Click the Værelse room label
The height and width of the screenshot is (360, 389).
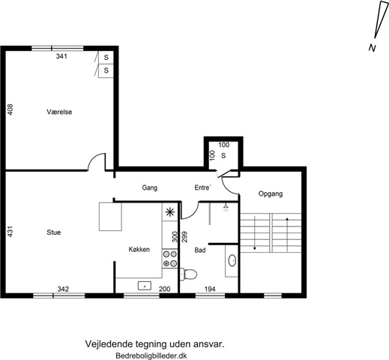tap(59, 112)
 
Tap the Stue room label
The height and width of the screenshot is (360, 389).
tap(54, 232)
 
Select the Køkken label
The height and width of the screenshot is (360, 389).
tap(139, 249)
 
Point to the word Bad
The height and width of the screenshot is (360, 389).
tap(200, 250)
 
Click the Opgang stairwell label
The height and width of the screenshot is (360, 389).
tap(271, 193)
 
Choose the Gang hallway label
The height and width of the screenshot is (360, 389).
tap(150, 187)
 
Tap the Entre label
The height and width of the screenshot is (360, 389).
tap(202, 187)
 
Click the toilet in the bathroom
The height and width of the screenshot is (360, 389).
tap(188, 274)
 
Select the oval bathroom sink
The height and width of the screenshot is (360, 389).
tap(232, 260)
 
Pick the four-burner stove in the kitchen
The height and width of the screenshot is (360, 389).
tap(170, 259)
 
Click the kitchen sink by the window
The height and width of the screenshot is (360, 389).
tap(145, 286)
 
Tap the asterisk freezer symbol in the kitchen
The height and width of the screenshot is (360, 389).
tap(170, 212)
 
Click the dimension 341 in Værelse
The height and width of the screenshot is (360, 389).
tap(61, 56)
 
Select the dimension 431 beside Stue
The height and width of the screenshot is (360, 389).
tap(10, 232)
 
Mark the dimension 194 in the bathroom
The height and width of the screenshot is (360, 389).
tap(210, 289)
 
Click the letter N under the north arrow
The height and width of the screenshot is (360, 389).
tap(372, 48)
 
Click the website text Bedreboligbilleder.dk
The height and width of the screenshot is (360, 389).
tap(151, 355)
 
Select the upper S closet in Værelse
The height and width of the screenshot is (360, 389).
tap(106, 58)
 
